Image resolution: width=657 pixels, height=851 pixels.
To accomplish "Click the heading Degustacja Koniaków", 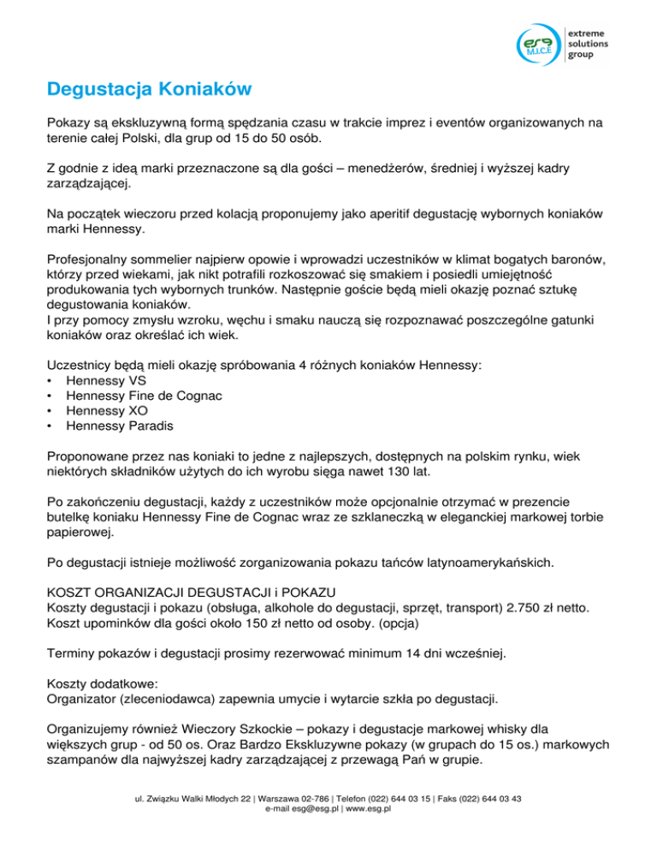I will coord(149,89).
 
